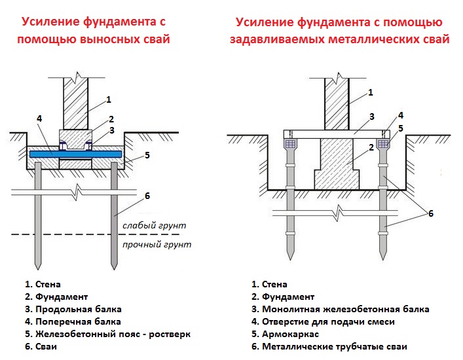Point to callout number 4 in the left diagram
[39, 118]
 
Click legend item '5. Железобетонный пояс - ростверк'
[107, 334]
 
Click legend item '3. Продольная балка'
[73, 309]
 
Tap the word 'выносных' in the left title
[115, 39]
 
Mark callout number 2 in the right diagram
[371, 147]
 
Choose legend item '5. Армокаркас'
[282, 334]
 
